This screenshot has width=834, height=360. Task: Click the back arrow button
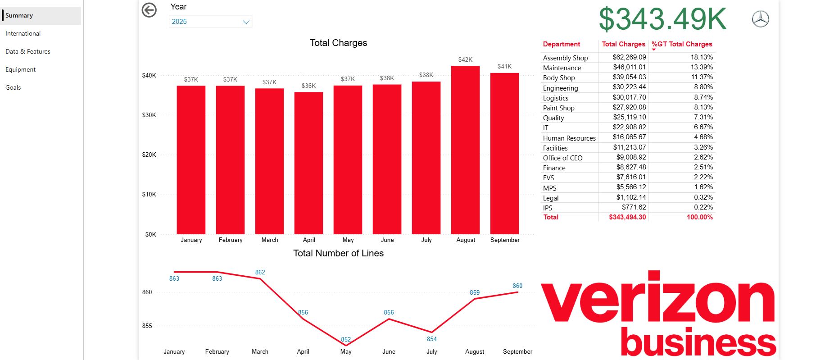pyautogui.click(x=149, y=10)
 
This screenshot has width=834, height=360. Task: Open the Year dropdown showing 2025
pyautogui.click(x=210, y=22)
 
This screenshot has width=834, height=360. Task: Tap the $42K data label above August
pyautogui.click(x=465, y=59)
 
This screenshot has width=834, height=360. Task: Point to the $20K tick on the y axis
pyautogui.click(x=149, y=155)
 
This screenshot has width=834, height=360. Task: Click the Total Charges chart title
pyautogui.click(x=338, y=43)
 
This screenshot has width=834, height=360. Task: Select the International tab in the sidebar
pyautogui.click(x=23, y=33)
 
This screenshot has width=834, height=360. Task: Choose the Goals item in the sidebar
pyautogui.click(x=13, y=87)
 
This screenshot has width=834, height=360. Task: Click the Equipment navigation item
pyautogui.click(x=20, y=69)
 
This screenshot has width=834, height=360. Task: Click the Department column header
pyautogui.click(x=562, y=44)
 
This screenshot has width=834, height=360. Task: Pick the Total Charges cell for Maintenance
pyautogui.click(x=629, y=67)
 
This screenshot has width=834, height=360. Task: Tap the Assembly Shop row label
pyautogui.click(x=565, y=58)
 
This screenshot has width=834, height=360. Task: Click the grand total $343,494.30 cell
pyautogui.click(x=627, y=217)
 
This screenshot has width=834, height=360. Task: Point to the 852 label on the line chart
pyautogui.click(x=346, y=339)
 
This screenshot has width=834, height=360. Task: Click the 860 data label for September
pyautogui.click(x=517, y=286)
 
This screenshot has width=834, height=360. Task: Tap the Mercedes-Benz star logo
pyautogui.click(x=761, y=19)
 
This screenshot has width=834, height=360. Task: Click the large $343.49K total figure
pyautogui.click(x=662, y=19)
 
